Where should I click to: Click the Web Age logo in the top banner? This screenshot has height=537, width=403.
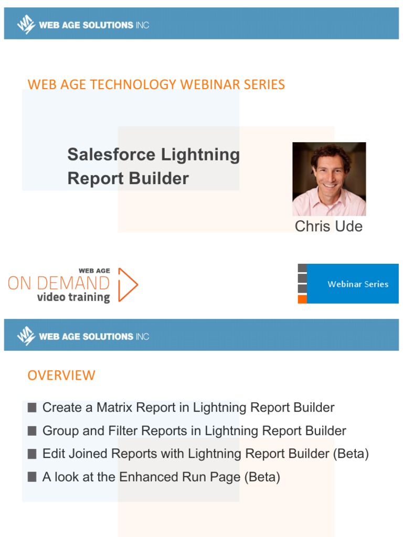tap(26, 24)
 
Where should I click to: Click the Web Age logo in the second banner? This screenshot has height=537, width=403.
tap(26, 335)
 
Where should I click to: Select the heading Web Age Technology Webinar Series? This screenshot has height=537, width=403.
tap(156, 84)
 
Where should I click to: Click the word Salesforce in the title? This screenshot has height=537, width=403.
tap(111, 155)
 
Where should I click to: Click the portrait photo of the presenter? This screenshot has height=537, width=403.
tap(329, 179)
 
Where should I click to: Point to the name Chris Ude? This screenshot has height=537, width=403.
tap(328, 226)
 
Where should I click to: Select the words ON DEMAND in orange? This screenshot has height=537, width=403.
tap(59, 283)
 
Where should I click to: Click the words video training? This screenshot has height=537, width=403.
tap(73, 297)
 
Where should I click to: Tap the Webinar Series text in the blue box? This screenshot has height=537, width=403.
tap(358, 284)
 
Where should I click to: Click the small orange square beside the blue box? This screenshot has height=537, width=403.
tap(302, 299)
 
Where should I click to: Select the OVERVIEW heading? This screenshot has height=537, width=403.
tap(61, 375)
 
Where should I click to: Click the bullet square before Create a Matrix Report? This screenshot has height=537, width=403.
tap(32, 407)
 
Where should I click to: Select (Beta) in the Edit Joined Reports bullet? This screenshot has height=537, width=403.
tap(351, 454)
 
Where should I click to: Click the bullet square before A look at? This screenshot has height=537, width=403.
tap(32, 477)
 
